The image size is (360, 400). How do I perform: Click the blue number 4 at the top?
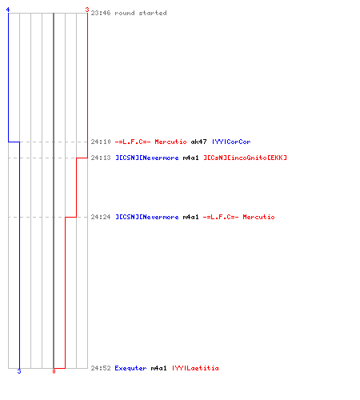tap(8, 10)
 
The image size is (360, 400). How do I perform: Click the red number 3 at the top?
tap(87, 10)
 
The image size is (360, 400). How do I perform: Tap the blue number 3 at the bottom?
tap(19, 371)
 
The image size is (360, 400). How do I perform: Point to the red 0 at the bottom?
tap(54, 371)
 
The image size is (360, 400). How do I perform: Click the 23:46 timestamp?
tap(101, 13)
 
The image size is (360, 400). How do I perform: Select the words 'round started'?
tap(141, 13)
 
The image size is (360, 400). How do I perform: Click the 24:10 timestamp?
tap(101, 142)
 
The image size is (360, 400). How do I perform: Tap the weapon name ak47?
tap(198, 142)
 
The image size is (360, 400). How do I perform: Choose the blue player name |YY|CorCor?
tap(231, 142)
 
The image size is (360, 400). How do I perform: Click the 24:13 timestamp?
tap(101, 158)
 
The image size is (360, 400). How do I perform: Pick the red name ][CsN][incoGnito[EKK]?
tap(246, 158)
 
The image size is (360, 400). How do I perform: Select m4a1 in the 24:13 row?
tap(190, 158)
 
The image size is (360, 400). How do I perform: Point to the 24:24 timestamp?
tap(101, 217)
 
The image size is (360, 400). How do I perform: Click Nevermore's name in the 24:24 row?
tap(147, 217)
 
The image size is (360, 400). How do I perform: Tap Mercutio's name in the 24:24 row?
tap(239, 217)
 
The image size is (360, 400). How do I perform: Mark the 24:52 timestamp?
tap(101, 368)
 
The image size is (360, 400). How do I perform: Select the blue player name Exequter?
tap(130, 368)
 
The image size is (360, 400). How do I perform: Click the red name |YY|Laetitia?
tap(195, 368)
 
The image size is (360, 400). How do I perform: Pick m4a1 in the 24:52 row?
tap(159, 368)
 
